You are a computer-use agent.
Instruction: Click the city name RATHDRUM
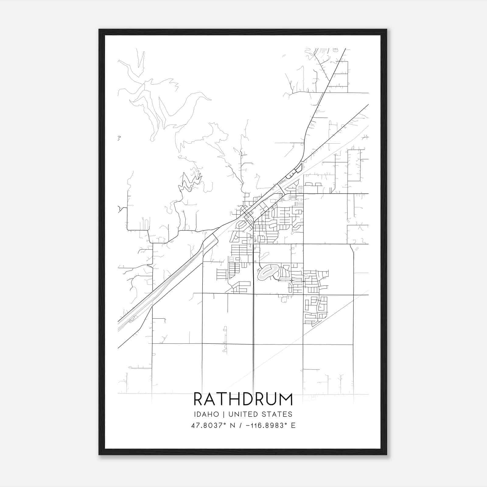coord(243,399)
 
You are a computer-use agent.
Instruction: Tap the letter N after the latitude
coord(233,426)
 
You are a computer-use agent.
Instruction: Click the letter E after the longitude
coord(293,426)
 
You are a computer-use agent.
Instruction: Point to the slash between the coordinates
coord(241,426)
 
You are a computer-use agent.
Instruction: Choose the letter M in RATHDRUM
coord(286,399)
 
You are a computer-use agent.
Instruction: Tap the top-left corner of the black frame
coord(100,30)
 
